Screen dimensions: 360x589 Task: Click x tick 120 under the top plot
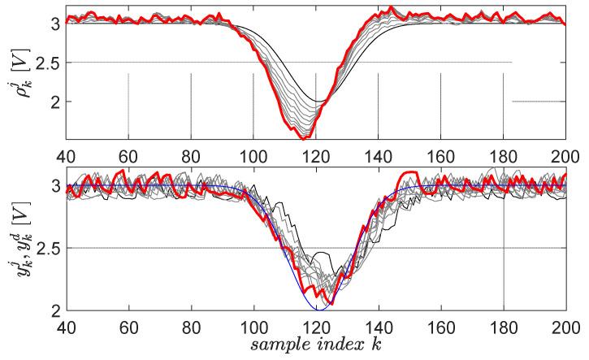point(316,154)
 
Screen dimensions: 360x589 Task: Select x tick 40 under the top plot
point(66,154)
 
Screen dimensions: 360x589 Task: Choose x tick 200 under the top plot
point(566,154)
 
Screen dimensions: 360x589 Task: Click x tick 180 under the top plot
point(504,154)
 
